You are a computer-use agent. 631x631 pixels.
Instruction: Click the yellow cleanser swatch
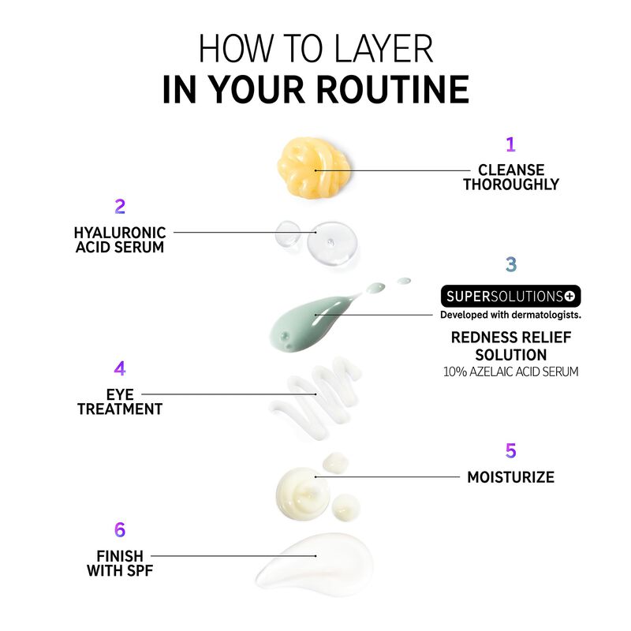click(313, 167)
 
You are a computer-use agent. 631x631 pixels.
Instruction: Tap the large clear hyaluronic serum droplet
click(332, 243)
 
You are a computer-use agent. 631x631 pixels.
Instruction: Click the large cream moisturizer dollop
click(303, 494)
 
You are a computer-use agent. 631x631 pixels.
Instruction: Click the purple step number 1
click(510, 144)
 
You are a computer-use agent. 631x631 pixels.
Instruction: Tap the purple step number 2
click(120, 207)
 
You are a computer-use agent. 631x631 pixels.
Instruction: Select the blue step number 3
click(510, 264)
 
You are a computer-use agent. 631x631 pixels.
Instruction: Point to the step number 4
click(120, 368)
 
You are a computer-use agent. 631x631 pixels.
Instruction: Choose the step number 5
click(510, 450)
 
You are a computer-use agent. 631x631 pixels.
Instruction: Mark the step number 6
click(120, 530)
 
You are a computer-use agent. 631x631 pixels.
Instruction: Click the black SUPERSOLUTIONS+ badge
click(510, 297)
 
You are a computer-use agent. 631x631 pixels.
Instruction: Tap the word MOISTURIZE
click(510, 477)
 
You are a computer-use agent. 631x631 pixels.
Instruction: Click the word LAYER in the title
click(383, 49)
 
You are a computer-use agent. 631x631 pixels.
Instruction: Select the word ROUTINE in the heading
click(393, 89)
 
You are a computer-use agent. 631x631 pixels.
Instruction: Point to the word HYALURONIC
click(120, 233)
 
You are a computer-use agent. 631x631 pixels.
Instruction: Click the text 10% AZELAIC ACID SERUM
click(510, 372)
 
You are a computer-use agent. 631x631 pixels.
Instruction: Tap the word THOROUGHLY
click(511, 185)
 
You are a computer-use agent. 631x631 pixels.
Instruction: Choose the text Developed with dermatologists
click(510, 315)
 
